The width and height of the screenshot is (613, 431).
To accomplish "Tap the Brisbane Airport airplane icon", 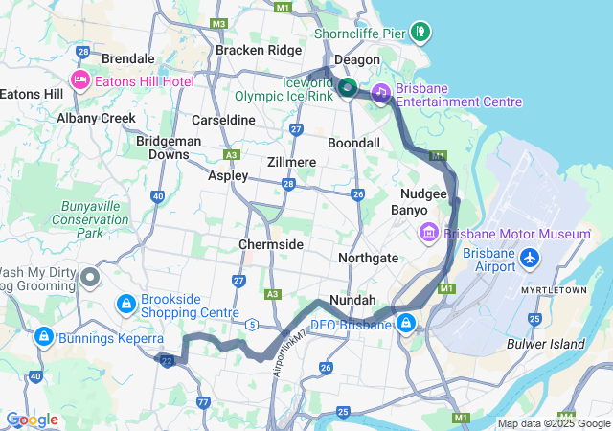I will [528, 258].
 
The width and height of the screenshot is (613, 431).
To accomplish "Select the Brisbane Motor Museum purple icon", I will [428, 234].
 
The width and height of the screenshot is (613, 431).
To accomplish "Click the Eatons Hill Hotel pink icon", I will [79, 81].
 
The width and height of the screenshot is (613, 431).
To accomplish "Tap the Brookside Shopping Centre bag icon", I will [125, 304].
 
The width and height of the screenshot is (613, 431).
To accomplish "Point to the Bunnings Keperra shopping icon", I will [43, 336].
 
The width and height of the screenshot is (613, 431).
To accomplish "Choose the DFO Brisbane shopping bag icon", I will [407, 324].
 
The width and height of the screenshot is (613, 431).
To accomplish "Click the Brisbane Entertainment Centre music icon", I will [380, 93].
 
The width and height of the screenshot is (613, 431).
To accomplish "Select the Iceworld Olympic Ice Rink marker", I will [347, 88].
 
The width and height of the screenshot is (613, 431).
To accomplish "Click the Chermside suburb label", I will [271, 245].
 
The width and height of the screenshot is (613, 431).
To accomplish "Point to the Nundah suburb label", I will [352, 300].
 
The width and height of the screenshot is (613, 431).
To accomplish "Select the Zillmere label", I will [292, 162].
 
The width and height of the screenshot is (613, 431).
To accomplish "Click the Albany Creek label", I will [96, 118].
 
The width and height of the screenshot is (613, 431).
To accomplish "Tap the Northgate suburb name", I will [369, 258].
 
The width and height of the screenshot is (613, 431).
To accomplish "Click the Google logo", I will [32, 420].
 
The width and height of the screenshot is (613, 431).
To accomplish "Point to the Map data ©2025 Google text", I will [553, 423].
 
